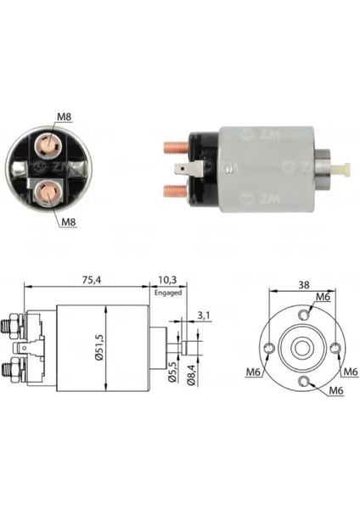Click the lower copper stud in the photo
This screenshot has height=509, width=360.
coord(172,184)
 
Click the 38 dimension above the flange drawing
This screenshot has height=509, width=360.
coord(302,286)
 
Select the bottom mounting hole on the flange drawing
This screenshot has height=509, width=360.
coord(303,382)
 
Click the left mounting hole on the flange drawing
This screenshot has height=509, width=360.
coord(269,349)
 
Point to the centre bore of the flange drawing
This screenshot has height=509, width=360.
coord(303,349)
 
